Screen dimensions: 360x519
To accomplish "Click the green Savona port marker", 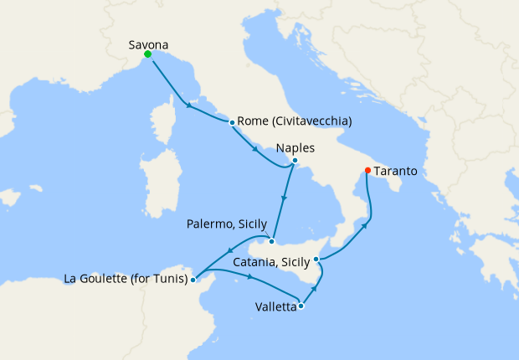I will click(x=147, y=54).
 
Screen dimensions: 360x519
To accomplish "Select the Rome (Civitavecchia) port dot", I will click(x=231, y=122).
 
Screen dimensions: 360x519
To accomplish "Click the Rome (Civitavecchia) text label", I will click(x=294, y=121).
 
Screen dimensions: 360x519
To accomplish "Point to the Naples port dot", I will click(x=294, y=161).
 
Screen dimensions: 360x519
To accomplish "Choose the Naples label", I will click(x=295, y=147).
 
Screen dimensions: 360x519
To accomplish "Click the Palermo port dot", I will click(x=271, y=241).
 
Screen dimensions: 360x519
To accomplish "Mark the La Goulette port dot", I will click(x=193, y=280).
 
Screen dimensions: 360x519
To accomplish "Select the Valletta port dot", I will click(x=301, y=306).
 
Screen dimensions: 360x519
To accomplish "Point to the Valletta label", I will click(x=275, y=307).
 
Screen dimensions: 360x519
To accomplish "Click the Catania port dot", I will click(x=316, y=260).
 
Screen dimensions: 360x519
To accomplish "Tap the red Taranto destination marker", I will click(x=367, y=172).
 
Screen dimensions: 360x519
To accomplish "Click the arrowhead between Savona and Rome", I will click(x=188, y=105).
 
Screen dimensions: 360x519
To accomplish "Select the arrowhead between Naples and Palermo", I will click(x=285, y=200).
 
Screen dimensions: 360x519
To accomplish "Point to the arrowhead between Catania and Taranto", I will click(x=364, y=224).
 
